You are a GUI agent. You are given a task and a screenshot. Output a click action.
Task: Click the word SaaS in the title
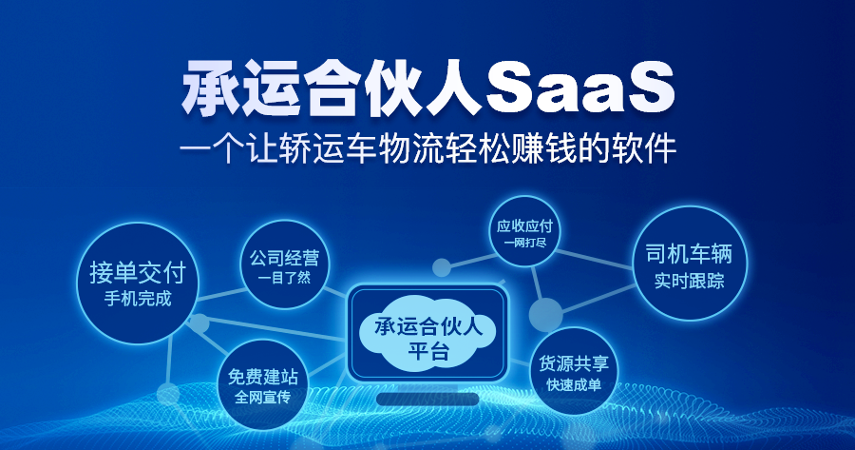(579, 88)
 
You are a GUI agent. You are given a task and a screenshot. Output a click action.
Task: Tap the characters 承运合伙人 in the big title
(332, 88)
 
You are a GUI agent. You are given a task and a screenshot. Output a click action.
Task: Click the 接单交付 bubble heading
(138, 271)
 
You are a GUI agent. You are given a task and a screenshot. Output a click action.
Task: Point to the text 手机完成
(138, 299)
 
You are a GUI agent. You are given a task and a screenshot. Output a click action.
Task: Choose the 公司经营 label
(284, 258)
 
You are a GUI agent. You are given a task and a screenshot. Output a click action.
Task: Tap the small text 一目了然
(284, 278)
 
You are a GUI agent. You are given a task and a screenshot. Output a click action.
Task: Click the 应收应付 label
(524, 225)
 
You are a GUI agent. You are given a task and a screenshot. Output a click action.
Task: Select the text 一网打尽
(524, 243)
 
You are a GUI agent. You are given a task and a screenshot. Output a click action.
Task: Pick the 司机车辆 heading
(690, 254)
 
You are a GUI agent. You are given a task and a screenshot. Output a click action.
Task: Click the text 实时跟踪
(690, 281)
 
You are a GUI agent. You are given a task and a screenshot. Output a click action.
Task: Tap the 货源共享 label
(574, 363)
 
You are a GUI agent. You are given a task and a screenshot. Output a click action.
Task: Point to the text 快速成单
(574, 384)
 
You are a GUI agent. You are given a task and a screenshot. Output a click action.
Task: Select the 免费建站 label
(263, 377)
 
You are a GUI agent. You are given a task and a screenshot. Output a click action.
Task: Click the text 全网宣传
(263, 397)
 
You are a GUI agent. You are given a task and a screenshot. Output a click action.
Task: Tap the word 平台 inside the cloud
(428, 351)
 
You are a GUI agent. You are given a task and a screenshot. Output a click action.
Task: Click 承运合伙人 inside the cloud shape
(428, 326)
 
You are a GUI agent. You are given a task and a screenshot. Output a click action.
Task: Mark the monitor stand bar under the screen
(427, 400)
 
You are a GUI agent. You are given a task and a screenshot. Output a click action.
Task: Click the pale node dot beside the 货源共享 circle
(546, 315)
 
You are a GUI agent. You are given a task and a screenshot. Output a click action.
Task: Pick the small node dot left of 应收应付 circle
(442, 267)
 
